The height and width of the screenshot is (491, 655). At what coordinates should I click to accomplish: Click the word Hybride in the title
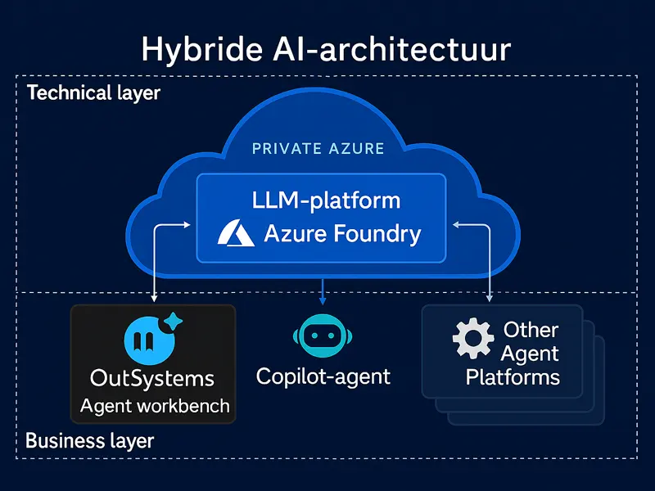[x=198, y=49]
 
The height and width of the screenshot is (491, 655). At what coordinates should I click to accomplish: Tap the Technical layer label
[x=93, y=92]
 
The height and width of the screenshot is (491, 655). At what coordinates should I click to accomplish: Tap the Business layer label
[x=89, y=441]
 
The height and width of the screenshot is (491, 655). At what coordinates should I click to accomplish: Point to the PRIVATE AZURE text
[x=318, y=148]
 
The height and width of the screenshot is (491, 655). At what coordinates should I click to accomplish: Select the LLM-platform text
[x=326, y=200]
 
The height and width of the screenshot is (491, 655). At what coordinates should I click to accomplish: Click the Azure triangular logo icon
[x=236, y=235]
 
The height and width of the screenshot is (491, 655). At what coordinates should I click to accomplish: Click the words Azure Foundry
[x=342, y=235]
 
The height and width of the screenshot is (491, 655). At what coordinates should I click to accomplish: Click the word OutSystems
[x=152, y=379]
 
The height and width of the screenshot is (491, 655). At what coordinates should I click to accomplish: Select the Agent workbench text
[x=155, y=406]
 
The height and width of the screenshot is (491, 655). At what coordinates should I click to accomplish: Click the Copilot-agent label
[x=323, y=376]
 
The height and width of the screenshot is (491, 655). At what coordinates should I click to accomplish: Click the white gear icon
[x=473, y=339]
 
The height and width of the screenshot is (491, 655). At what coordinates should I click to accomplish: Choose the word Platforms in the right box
[x=513, y=377]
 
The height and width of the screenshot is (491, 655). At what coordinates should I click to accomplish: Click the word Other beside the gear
[x=531, y=330]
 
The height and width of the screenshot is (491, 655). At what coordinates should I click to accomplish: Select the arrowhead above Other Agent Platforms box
[x=490, y=299]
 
